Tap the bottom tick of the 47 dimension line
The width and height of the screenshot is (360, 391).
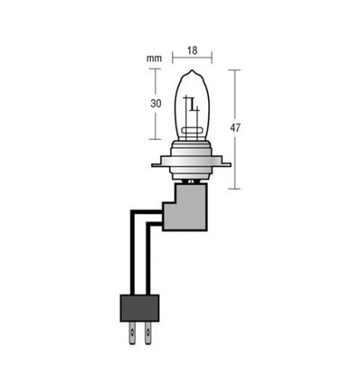(235, 188)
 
